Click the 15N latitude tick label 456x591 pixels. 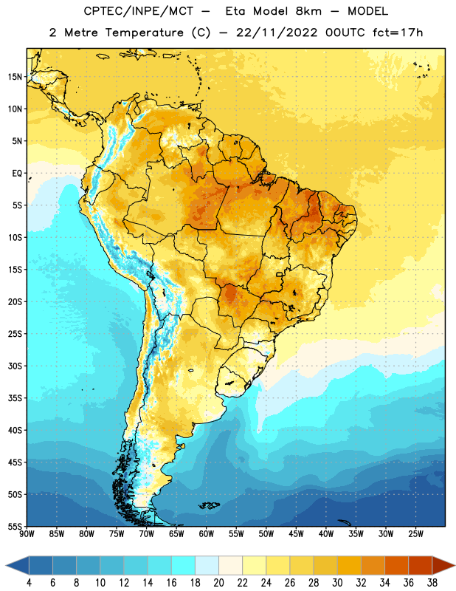15,77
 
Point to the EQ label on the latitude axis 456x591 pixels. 17,174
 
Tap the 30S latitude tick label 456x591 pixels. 15,366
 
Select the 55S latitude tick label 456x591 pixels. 15,526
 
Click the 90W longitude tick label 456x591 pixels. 27,534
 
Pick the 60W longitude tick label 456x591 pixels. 207,534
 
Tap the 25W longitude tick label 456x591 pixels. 415,534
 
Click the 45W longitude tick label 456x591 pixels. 296,534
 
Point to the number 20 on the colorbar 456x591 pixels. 218,583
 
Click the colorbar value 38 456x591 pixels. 432,583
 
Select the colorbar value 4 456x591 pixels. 29,583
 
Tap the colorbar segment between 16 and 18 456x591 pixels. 184,565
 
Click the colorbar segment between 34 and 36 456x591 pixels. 396,565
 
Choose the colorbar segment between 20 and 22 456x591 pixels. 230,565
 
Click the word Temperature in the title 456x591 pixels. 145,33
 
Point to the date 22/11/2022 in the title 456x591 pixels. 277,33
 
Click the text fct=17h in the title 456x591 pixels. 398,33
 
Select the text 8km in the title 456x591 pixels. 308,11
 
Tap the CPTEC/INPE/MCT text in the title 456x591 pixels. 139,12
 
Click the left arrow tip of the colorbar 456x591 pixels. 6,565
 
